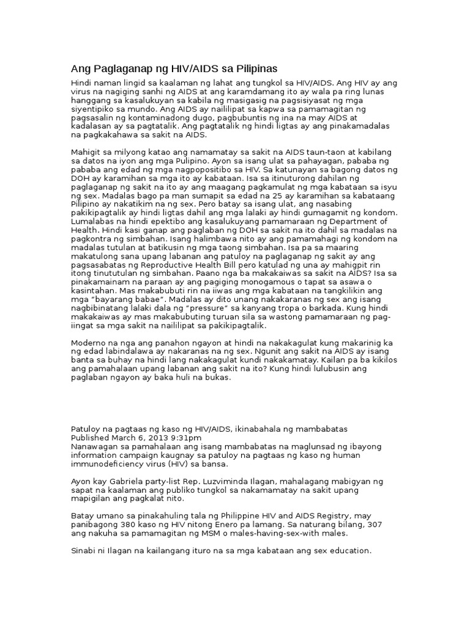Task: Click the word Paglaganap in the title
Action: click(x=117, y=68)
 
